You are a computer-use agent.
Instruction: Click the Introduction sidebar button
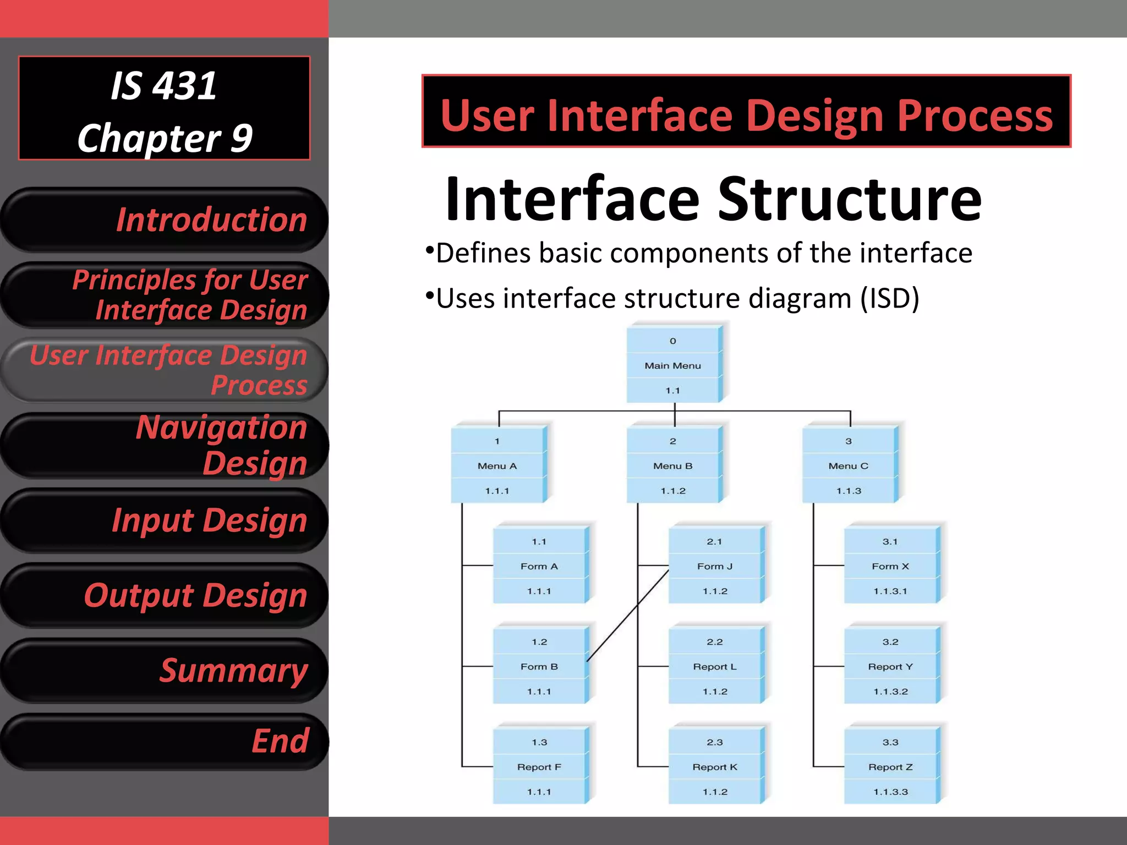[x=165, y=220]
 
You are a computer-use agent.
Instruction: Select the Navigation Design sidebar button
[x=165, y=445]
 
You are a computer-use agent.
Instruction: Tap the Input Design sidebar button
[x=165, y=520]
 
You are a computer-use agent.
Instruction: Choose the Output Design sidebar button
[x=165, y=595]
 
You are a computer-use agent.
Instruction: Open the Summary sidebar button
[x=165, y=671]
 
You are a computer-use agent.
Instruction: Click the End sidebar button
[x=165, y=741]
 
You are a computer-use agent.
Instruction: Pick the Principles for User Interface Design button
[x=165, y=295]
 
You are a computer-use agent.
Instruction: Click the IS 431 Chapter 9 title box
[x=164, y=108]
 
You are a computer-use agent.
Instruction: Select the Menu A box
[x=497, y=465]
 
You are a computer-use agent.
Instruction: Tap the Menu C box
[x=849, y=465]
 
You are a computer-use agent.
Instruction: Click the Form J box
[x=714, y=566]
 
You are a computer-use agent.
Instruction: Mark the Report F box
[x=539, y=766]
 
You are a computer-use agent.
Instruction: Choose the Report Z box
[x=890, y=766]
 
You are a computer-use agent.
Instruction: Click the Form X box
[x=890, y=566]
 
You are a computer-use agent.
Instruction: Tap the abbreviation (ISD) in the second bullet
[x=889, y=299]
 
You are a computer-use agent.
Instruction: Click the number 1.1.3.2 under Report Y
[x=890, y=692]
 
